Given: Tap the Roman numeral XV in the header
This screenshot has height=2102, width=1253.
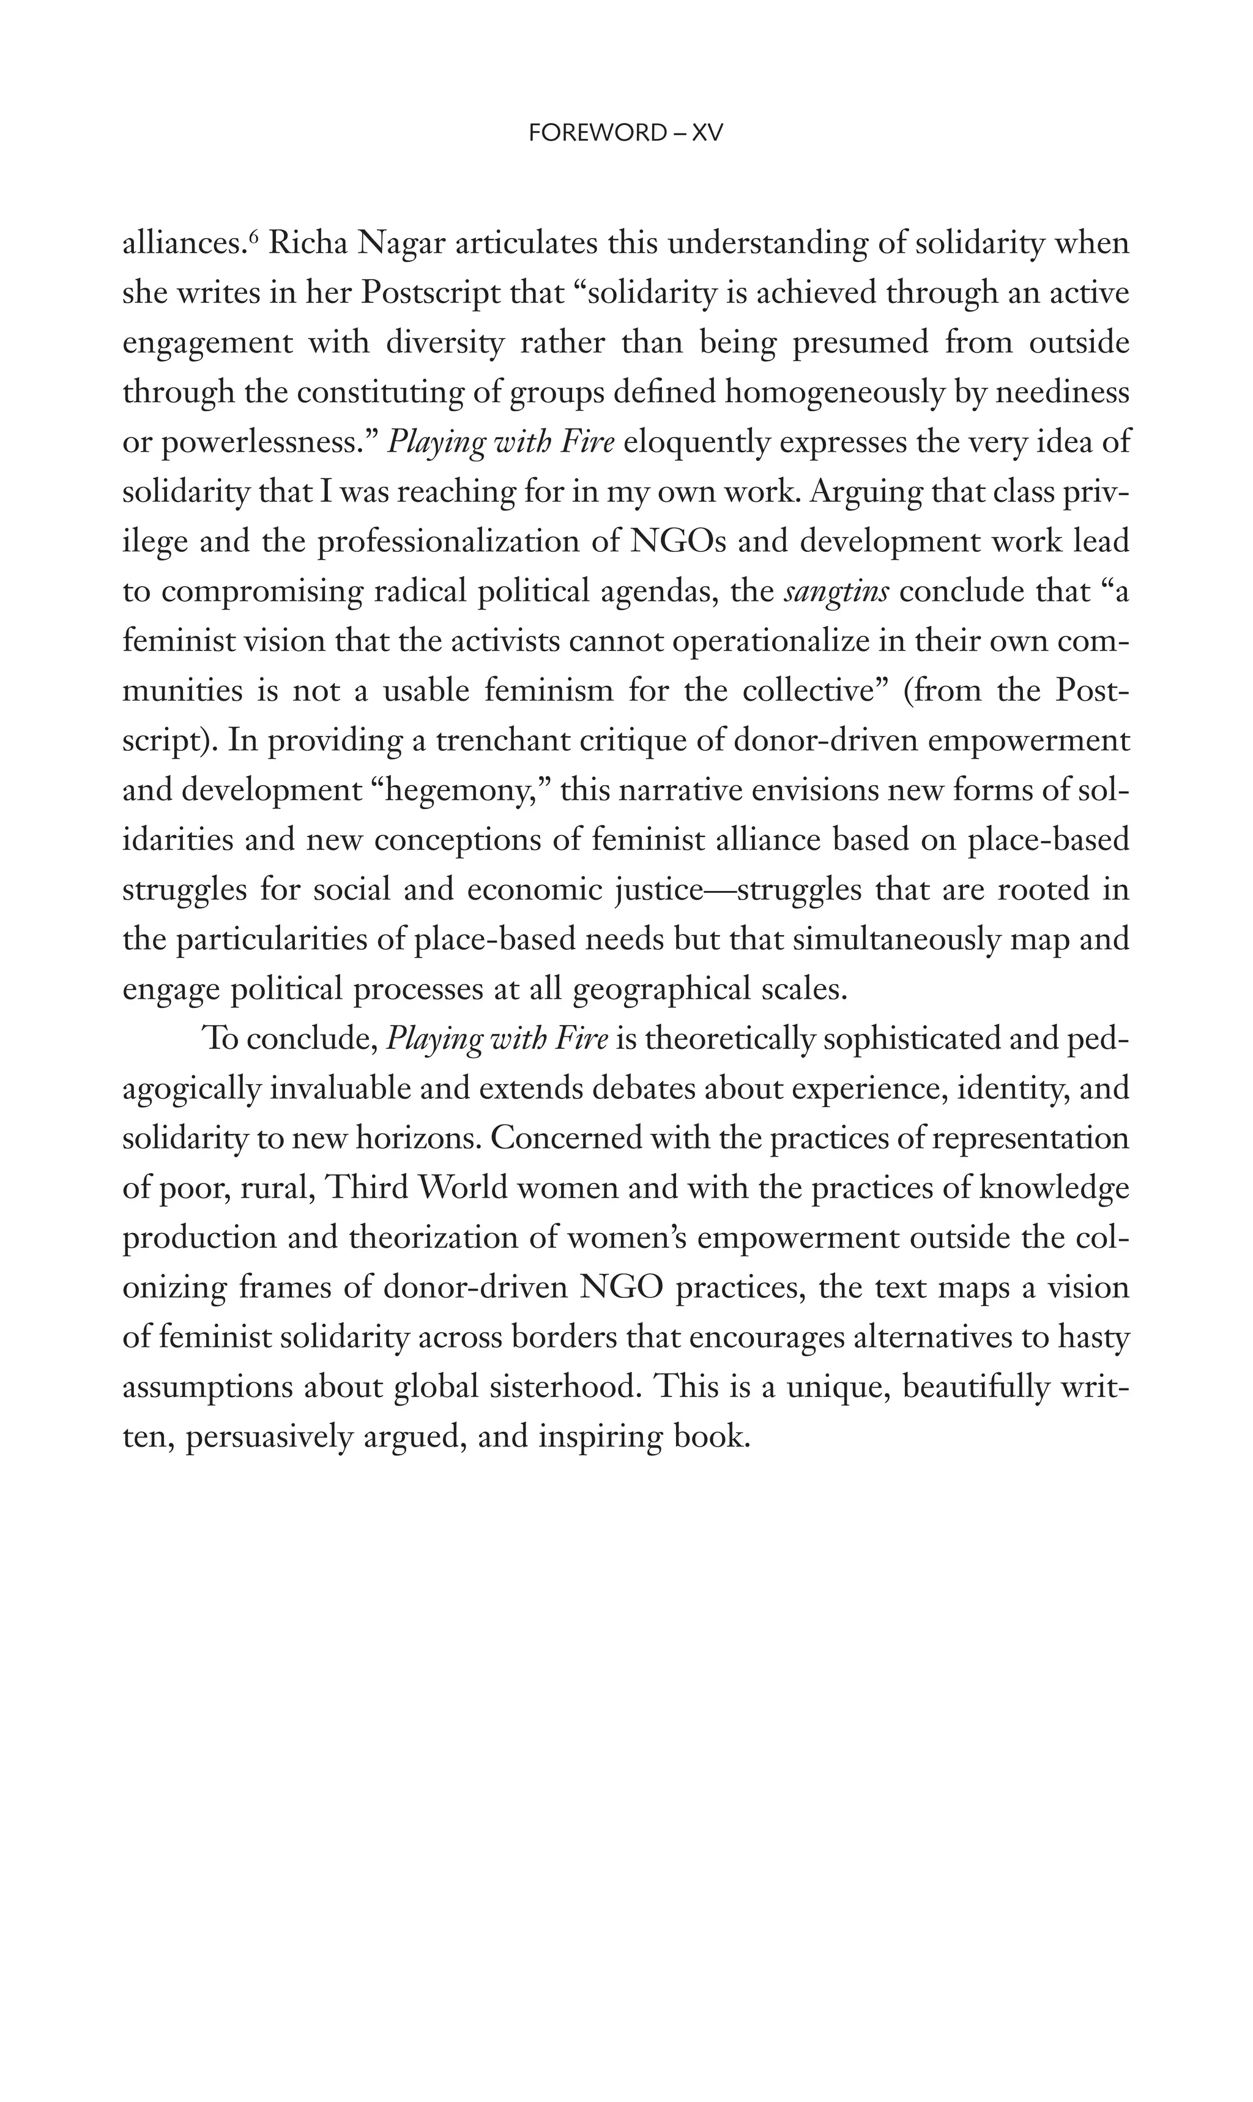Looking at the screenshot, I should click(707, 133).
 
